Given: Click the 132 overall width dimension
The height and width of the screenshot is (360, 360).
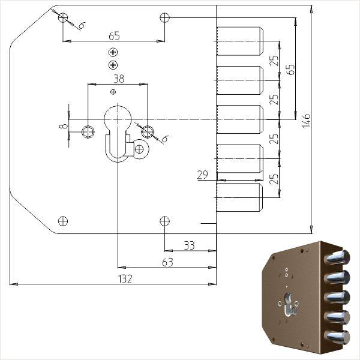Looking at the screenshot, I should point(124,278).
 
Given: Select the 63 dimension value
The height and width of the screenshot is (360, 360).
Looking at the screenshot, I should point(167,262).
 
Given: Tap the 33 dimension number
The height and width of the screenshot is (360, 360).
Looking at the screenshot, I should point(189,245).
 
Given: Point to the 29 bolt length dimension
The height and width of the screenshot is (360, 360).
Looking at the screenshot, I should point(202,175).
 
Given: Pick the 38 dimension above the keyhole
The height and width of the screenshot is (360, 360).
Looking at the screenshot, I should point(118,79).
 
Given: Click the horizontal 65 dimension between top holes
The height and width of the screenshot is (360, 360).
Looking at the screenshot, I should point(114,35).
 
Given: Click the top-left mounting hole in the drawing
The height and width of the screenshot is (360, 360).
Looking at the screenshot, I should point(63,17).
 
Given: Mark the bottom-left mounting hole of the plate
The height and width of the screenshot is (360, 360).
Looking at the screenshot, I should point(63,221).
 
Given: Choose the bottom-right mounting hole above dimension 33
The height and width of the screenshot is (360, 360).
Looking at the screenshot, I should point(165,221).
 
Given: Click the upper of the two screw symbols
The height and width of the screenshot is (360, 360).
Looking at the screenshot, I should point(113,53).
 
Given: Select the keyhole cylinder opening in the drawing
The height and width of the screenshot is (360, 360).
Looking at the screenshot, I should point(118,120).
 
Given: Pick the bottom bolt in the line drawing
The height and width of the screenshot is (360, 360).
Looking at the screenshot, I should point(239,197).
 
